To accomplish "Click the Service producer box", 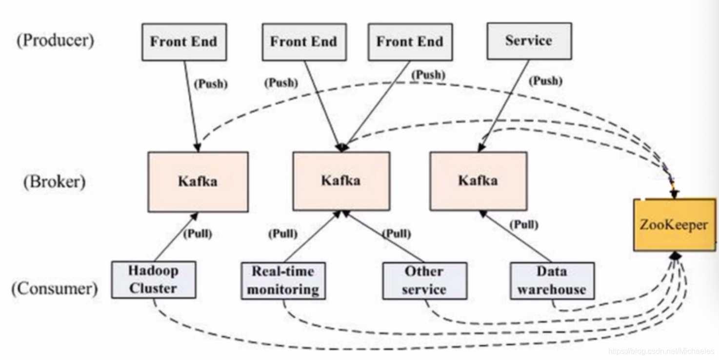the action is pyautogui.click(x=529, y=41).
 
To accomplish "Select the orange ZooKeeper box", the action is pyautogui.click(x=675, y=225).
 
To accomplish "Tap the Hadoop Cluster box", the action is pyautogui.click(x=154, y=280).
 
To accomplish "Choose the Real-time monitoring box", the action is pyautogui.click(x=283, y=281).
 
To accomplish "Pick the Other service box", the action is pyautogui.click(x=425, y=281).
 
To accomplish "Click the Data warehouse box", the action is pyautogui.click(x=552, y=281).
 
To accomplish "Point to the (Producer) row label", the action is pyautogui.click(x=55, y=40).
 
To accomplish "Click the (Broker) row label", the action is pyautogui.click(x=55, y=182).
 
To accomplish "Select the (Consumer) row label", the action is pyautogui.click(x=55, y=288).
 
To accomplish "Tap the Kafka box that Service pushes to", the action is pyautogui.click(x=478, y=181).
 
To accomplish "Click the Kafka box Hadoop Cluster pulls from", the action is pyautogui.click(x=198, y=182).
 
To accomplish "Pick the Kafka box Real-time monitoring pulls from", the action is pyautogui.click(x=341, y=181).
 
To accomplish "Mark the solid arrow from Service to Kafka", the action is pyautogui.click(x=503, y=106).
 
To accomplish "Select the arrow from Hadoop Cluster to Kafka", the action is pyautogui.click(x=176, y=237).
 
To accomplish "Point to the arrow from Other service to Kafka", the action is pyautogui.click(x=383, y=237).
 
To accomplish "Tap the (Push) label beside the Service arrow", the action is pyautogui.click(x=546, y=81).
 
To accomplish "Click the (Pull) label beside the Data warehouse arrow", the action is pyautogui.click(x=524, y=224).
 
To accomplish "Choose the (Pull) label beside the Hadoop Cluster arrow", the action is pyautogui.click(x=198, y=234).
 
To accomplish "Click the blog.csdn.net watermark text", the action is pyautogui.click(x=661, y=351).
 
